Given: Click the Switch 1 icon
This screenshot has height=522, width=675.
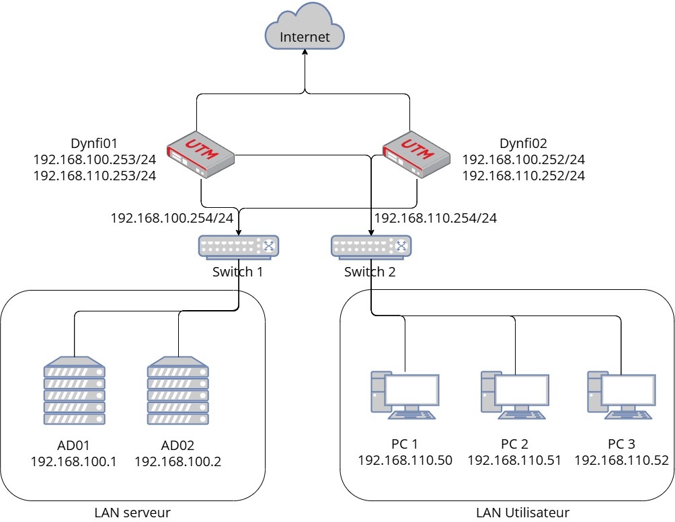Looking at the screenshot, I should click(x=239, y=247).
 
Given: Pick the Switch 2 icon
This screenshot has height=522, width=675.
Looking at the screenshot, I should click(x=370, y=247).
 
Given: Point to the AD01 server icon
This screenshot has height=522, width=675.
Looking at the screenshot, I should click(x=74, y=392).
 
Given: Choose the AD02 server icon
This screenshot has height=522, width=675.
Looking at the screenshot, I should click(x=178, y=392).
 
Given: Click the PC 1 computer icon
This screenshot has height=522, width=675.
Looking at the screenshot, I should click(x=405, y=394).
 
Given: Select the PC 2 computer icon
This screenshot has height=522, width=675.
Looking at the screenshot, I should click(x=514, y=394).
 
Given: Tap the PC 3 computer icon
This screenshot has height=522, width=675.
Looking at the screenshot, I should click(x=621, y=394).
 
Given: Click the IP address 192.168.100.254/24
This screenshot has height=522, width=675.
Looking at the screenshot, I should click(x=172, y=218).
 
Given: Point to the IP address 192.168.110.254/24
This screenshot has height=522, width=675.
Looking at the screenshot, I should click(x=436, y=218).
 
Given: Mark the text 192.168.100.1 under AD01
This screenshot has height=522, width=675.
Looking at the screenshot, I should click(x=74, y=461).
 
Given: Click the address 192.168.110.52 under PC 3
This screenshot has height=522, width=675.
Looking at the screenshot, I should click(x=621, y=461).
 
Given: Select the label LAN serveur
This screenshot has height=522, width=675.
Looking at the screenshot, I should click(x=132, y=513).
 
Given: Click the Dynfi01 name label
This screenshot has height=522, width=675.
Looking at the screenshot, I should click(x=94, y=143).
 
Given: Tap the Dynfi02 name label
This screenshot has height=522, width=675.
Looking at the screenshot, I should click(x=524, y=143).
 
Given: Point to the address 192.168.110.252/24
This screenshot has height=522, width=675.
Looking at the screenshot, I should click(x=524, y=176).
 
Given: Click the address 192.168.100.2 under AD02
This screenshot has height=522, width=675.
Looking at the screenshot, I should click(x=177, y=461).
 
